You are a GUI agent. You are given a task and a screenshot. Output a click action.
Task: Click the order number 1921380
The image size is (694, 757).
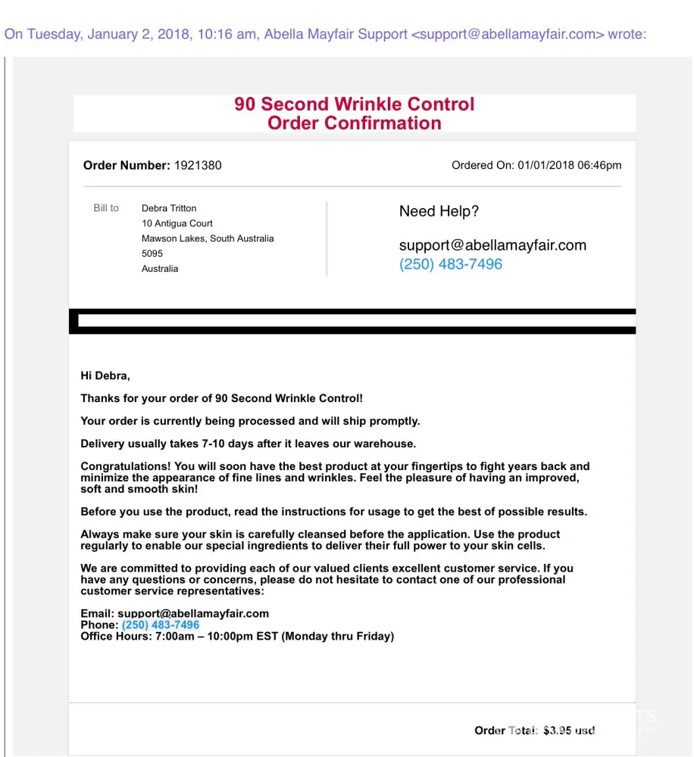(x=198, y=165)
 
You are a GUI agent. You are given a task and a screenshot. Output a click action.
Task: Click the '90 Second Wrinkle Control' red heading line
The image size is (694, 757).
(x=354, y=104)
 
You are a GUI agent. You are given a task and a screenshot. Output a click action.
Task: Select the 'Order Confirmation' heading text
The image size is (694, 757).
(x=354, y=123)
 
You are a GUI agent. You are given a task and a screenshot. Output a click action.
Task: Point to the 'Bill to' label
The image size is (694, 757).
(x=106, y=208)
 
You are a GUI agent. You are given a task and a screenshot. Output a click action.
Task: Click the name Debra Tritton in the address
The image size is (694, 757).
(x=169, y=208)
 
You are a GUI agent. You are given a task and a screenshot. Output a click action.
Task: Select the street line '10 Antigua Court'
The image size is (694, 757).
(x=177, y=223)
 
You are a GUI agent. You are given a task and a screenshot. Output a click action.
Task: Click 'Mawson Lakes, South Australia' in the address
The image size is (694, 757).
(x=208, y=238)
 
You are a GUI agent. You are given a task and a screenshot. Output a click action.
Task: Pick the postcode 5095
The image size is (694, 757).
(x=152, y=254)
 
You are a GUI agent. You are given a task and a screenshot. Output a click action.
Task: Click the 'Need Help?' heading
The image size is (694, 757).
(x=439, y=212)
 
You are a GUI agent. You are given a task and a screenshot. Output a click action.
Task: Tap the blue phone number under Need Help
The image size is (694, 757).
(x=450, y=264)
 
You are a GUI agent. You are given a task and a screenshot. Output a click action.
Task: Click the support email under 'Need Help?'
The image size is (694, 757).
(x=492, y=245)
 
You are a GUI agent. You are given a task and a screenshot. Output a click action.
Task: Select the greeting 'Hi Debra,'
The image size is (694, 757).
(x=105, y=375)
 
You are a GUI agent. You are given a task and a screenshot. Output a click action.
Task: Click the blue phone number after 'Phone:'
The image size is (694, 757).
(x=161, y=625)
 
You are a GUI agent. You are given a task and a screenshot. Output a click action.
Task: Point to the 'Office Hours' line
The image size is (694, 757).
(x=237, y=637)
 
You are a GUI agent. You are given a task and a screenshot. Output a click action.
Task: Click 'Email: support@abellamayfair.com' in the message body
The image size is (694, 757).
(x=174, y=614)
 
